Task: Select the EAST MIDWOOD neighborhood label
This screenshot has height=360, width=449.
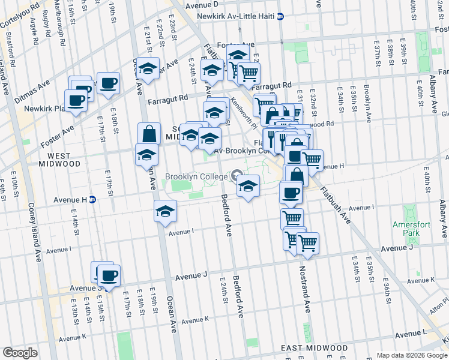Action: coord(314,348)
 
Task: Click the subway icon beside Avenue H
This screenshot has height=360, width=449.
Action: coord(93,199)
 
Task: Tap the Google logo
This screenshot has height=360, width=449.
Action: coord(20,353)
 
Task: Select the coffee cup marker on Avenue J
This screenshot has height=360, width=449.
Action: coord(109,276)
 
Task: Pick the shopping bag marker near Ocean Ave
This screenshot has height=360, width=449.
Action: coord(149,133)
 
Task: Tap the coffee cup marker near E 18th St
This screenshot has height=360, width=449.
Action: coord(109,83)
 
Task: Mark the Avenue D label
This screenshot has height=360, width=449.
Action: coord(202,4)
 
